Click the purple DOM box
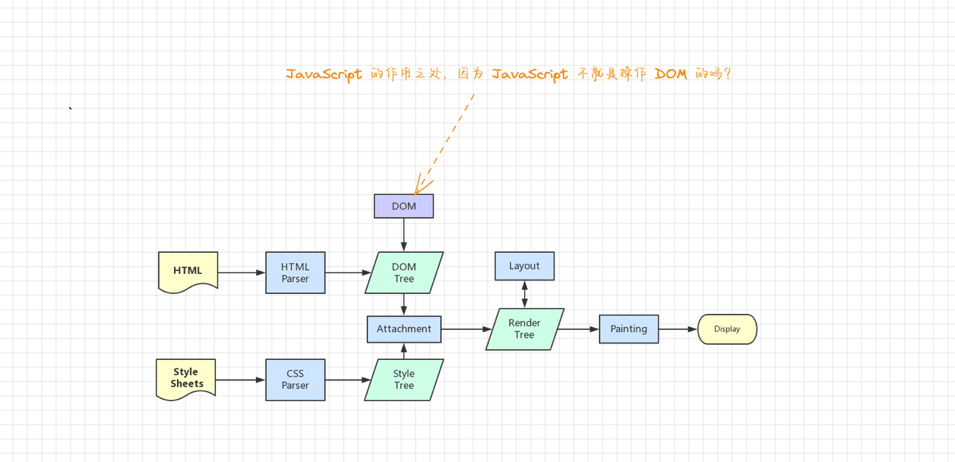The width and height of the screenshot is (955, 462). pos(403,206)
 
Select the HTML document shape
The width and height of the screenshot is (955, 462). pos(188,271)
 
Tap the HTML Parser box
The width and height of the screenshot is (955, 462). pos(295,272)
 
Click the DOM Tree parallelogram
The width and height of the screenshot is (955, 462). pos(403,272)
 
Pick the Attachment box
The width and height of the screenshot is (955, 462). pos(403,329)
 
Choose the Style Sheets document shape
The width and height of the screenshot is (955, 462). pos(186,378)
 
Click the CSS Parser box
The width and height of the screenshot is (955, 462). pos(295,379)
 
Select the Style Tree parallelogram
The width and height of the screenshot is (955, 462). pos(403,379)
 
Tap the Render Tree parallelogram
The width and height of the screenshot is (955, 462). pos(524,329)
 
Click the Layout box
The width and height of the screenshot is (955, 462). pos(524,266)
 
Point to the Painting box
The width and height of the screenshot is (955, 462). pos(629,329)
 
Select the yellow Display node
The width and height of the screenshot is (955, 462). pos(727,329)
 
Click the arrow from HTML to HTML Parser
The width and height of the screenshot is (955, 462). pos(242,272)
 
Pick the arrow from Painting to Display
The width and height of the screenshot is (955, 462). pos(678,329)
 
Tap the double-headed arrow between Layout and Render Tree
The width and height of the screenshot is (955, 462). pos(524,295)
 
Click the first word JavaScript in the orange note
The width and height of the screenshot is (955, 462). pos(324,74)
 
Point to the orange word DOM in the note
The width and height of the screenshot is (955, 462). pos(671,74)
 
